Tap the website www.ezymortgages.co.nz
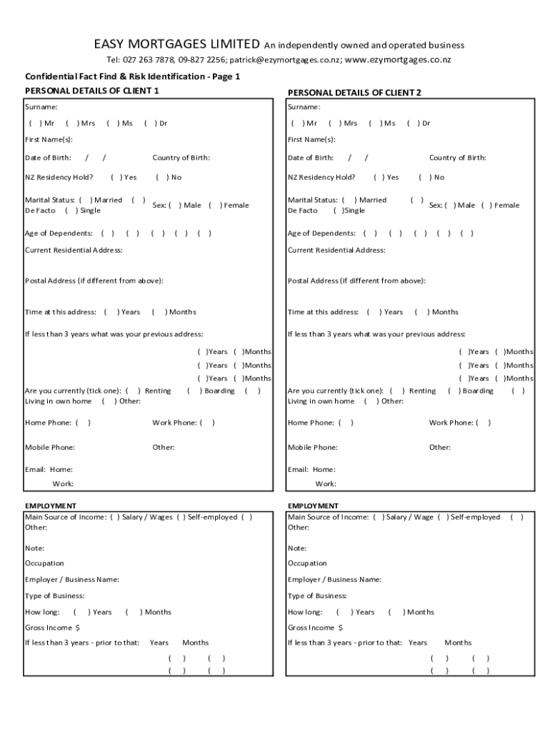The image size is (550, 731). click(x=398, y=60)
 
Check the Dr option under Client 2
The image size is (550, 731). click(x=412, y=123)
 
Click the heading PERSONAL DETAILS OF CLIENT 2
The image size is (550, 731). click(x=354, y=93)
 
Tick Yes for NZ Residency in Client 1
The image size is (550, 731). click(x=116, y=178)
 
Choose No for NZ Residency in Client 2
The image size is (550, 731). click(x=424, y=178)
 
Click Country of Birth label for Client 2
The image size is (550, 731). click(x=457, y=158)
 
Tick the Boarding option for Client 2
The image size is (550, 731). click(x=454, y=391)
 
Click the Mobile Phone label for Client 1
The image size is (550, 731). click(x=50, y=448)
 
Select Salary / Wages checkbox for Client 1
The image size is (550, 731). click(x=115, y=517)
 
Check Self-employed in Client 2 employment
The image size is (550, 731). click(x=444, y=517)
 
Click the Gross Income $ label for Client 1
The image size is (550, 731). click(x=53, y=627)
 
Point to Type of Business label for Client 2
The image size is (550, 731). click(x=317, y=595)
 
